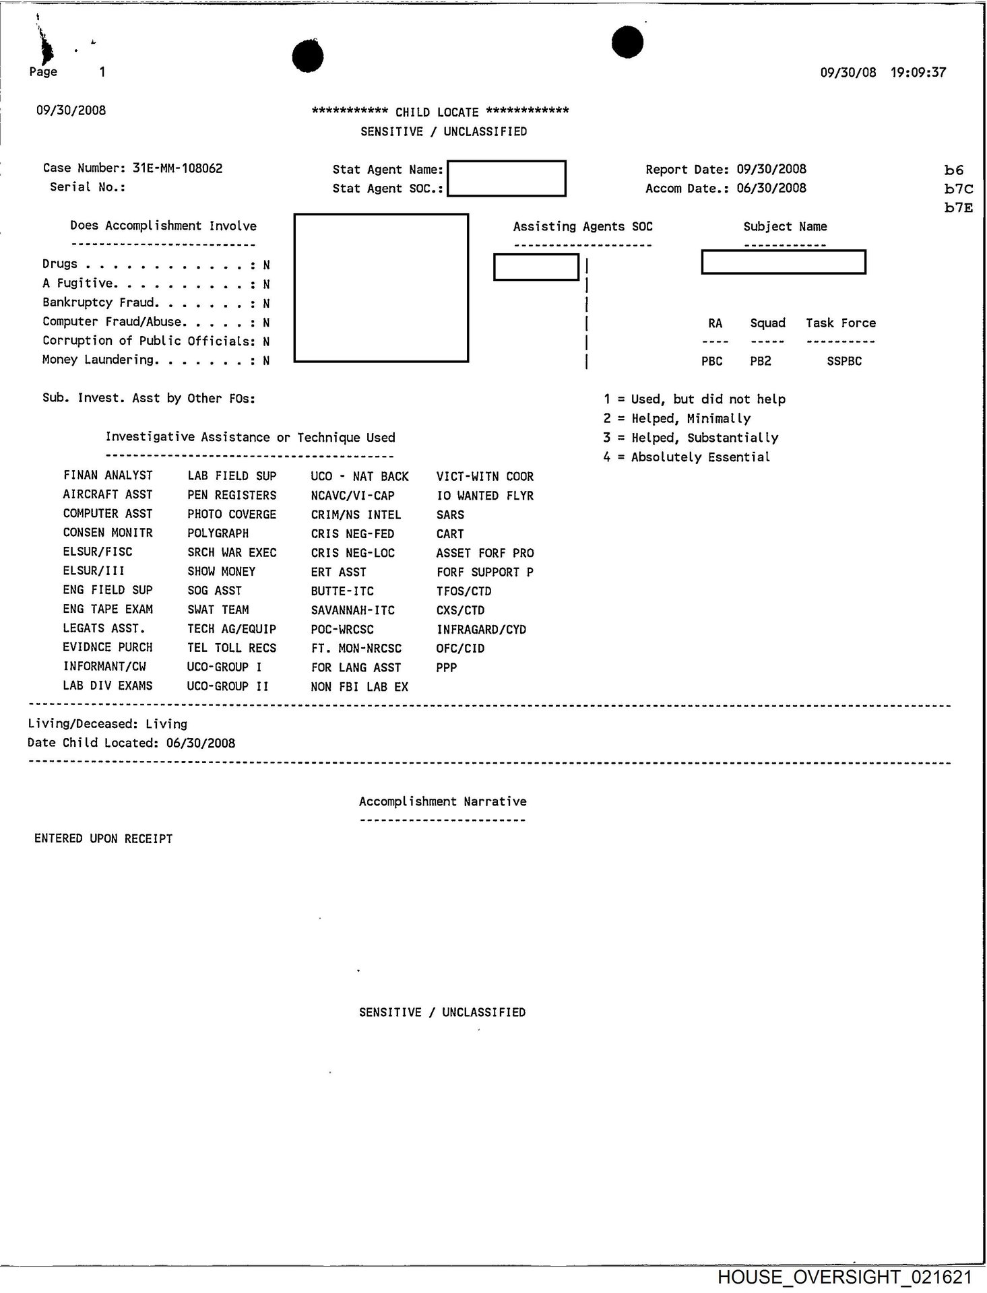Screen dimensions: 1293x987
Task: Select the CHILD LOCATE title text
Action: [x=437, y=112]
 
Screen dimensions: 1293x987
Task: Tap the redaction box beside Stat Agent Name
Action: [x=506, y=178]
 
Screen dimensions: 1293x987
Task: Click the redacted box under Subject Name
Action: [x=783, y=262]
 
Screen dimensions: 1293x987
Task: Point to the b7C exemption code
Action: [x=958, y=189]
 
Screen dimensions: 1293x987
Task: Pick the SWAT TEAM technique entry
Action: [x=218, y=609]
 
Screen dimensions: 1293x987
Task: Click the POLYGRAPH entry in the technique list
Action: [x=218, y=533]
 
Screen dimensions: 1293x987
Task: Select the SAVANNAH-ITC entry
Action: [x=352, y=610]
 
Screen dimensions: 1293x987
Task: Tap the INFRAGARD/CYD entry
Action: [x=481, y=630]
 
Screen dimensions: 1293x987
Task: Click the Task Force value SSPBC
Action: [x=844, y=361]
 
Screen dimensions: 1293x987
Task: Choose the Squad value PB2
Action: [x=761, y=361]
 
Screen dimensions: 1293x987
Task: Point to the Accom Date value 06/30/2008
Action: [x=771, y=188]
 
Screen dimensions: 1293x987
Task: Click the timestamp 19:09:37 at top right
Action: [x=918, y=72]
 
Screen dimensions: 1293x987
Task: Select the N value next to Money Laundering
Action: [x=266, y=360]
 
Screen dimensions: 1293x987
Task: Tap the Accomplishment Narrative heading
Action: [x=443, y=801]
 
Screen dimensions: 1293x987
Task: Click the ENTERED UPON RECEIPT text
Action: [x=104, y=838]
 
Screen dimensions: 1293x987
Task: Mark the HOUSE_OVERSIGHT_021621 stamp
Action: [x=845, y=1277]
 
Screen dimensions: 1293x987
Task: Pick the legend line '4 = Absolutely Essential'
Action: [x=687, y=457]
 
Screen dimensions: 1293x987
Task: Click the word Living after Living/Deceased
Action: [x=166, y=724]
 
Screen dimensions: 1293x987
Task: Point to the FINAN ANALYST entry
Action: [x=108, y=475]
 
